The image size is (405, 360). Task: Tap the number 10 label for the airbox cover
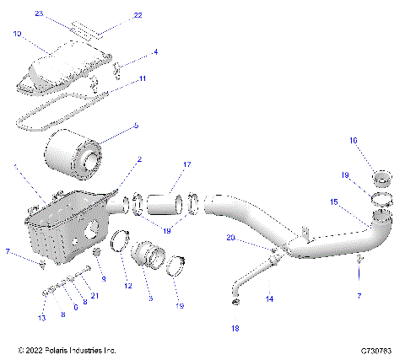(18, 35)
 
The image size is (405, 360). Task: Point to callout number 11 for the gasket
(143, 78)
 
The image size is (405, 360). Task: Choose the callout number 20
(230, 239)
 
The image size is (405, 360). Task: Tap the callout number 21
(95, 295)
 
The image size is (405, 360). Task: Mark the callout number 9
(104, 278)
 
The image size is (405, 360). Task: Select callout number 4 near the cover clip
(155, 52)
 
